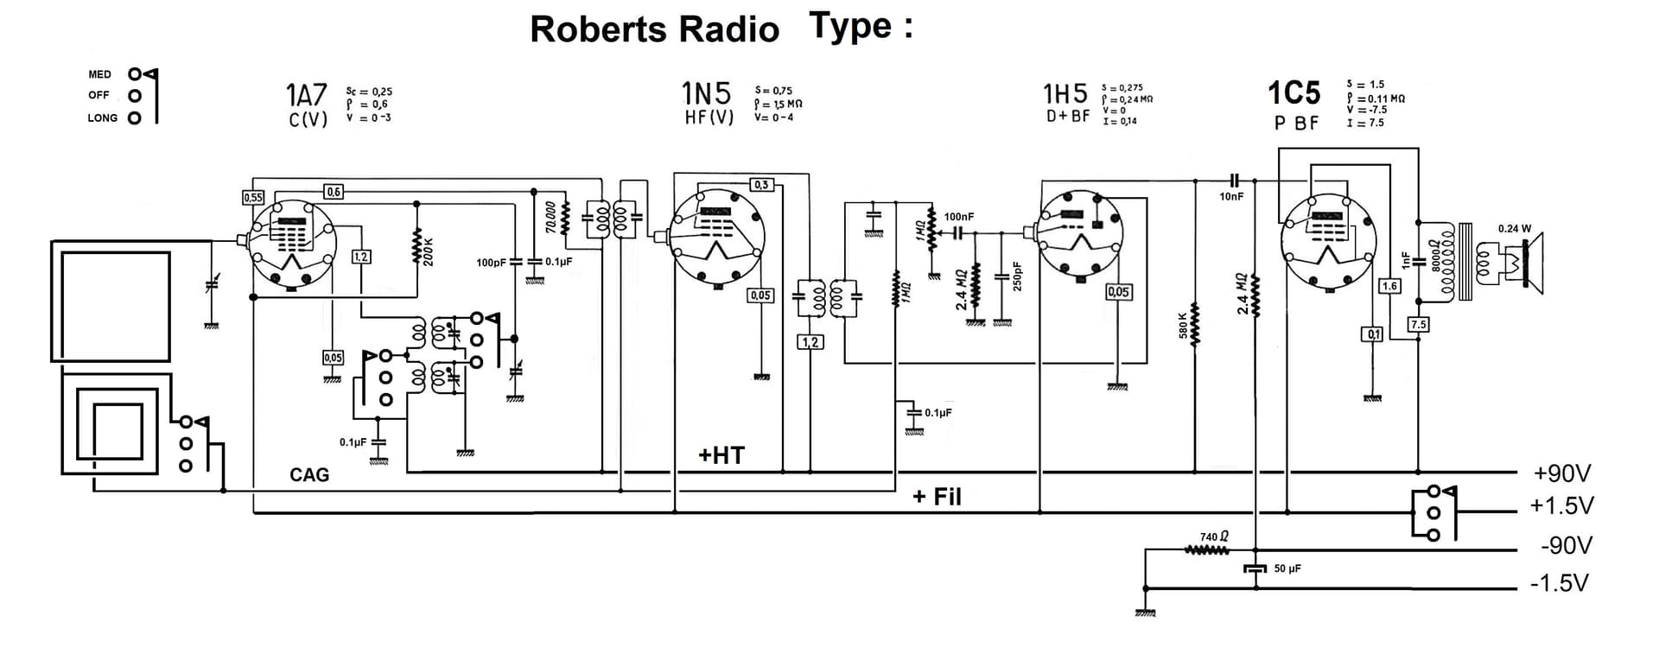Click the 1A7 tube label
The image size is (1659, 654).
coord(307,94)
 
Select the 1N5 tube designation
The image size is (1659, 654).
coord(706,92)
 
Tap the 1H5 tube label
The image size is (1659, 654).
coord(1065,93)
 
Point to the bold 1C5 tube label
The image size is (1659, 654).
coord(1294,92)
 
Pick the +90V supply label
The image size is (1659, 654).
coord(1562,473)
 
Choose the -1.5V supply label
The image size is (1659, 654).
coord(1559,583)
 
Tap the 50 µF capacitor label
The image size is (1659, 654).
coord(1287,568)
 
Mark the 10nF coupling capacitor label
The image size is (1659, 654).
coord(1231,197)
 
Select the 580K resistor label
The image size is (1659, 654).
coord(1184,324)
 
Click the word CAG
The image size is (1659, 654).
coord(309,474)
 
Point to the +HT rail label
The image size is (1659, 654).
coord(721,455)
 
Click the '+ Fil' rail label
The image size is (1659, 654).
coord(937,497)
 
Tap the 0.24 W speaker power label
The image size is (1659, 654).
coord(1514,229)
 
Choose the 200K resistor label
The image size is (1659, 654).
coord(429,251)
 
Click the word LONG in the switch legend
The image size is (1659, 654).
coord(102,118)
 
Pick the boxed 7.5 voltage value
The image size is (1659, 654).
coord(1418,325)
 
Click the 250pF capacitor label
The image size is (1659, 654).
coord(1018,276)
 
